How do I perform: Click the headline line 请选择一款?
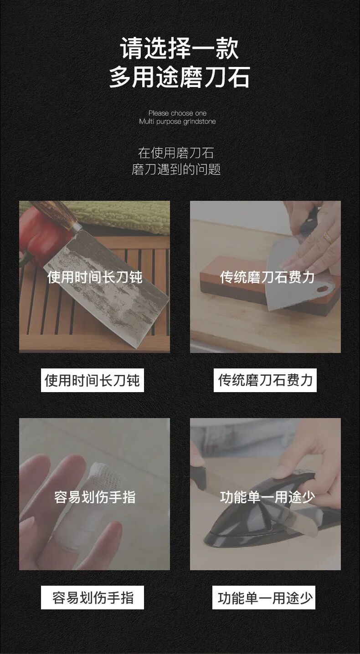pyautogui.click(x=180, y=49)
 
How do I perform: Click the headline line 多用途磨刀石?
pyautogui.click(x=180, y=77)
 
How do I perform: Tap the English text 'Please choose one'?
pyautogui.click(x=177, y=113)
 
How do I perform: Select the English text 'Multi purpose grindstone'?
pyautogui.click(x=177, y=122)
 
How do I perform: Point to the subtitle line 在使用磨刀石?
pyautogui.click(x=176, y=153)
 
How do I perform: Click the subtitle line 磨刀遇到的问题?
pyautogui.click(x=176, y=170)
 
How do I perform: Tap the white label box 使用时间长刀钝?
pyautogui.click(x=93, y=380)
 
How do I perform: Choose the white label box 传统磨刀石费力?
pyautogui.click(x=265, y=380)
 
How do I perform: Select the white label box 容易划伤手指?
pyautogui.click(x=93, y=598)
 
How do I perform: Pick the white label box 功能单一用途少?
pyautogui.click(x=264, y=598)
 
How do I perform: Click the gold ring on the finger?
pyautogui.click(x=327, y=237)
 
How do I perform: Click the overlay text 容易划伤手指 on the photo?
pyautogui.click(x=95, y=497)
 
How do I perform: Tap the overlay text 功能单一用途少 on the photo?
pyautogui.click(x=267, y=497)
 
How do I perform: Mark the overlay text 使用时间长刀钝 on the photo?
pyautogui.click(x=95, y=277)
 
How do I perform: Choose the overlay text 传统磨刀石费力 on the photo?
pyautogui.click(x=267, y=277)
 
